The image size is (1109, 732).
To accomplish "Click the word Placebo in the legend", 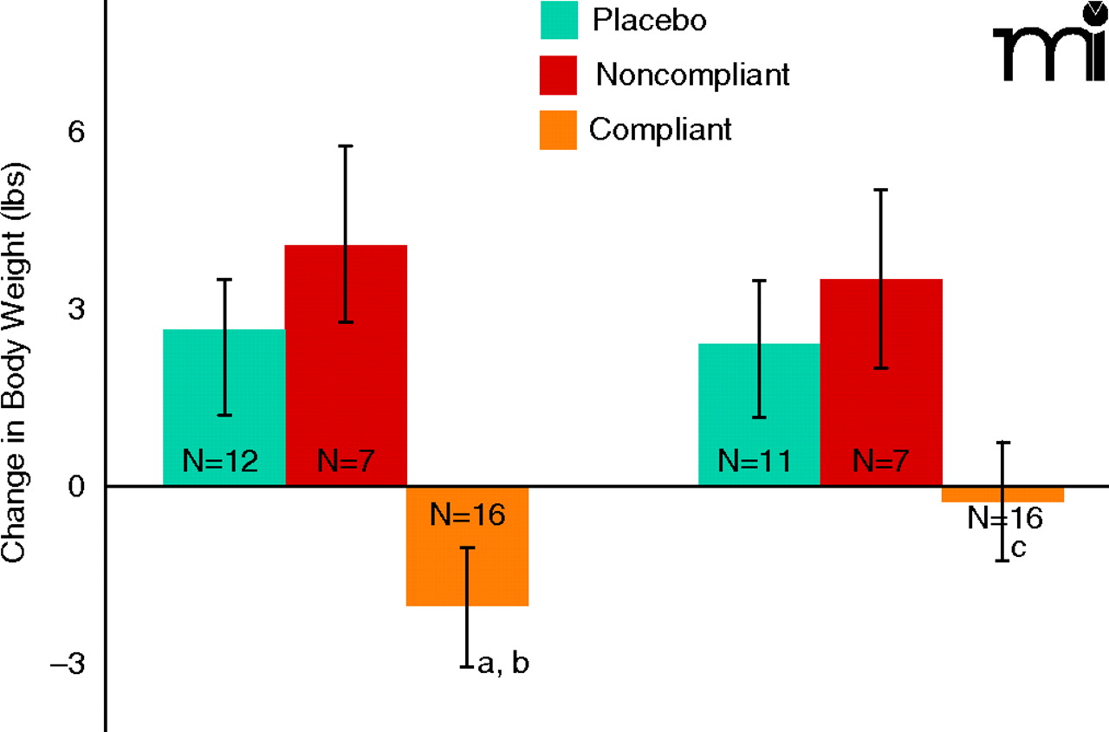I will coord(649,20).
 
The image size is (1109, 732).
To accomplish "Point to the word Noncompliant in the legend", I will coord(693,75).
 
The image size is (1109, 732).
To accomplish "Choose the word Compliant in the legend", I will coord(661,130).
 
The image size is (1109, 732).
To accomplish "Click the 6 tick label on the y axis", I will coord(77,132).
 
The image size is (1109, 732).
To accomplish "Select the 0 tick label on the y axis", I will coord(77,487).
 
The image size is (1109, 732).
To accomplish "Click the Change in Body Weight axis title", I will coord(19,364).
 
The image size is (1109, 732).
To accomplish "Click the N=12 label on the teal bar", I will coord(220,461).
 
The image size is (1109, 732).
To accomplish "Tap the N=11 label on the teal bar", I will coord(756,461).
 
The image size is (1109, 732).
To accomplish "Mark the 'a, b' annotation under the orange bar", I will coord(503,664).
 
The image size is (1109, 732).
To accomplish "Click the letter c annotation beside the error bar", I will coord(1019,548).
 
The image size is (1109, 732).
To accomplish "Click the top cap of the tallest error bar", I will coord(346,146).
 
